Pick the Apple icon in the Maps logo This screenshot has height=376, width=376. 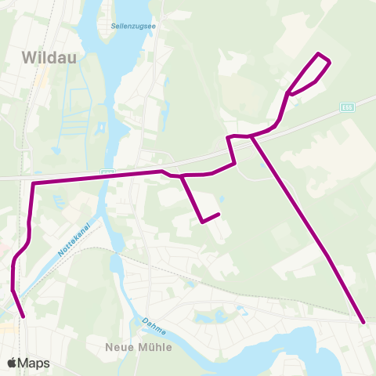[x=12, y=363]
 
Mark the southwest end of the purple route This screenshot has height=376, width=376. [x=23, y=316]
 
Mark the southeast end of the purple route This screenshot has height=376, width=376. [x=364, y=322]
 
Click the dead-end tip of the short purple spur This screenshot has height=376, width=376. [x=219, y=214]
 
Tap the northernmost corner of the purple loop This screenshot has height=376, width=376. [x=318, y=53]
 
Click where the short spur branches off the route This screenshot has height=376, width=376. [x=182, y=176]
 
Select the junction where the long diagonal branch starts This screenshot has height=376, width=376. [x=251, y=136]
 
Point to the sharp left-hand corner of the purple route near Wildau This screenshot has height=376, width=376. [x=33, y=184]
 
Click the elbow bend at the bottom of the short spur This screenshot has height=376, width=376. [x=202, y=222]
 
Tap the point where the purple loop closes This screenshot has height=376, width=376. [x=290, y=92]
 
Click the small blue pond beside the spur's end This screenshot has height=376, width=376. [x=222, y=199]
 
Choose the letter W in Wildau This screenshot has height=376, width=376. [x=31, y=56]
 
